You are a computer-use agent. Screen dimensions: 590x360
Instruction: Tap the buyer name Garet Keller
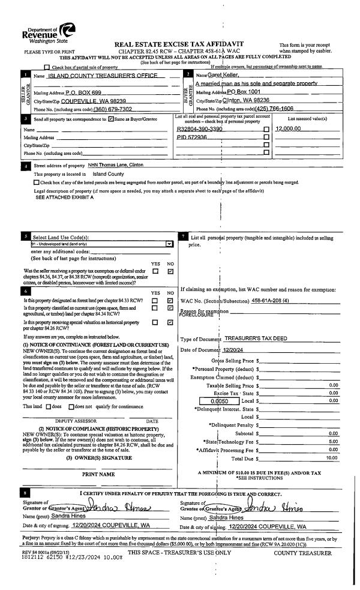[x=215, y=75]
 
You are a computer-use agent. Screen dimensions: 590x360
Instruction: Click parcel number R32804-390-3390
[x=200, y=129]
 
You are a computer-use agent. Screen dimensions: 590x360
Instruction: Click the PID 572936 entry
[x=191, y=137]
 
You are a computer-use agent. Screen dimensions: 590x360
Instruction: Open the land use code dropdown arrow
[x=169, y=244]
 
